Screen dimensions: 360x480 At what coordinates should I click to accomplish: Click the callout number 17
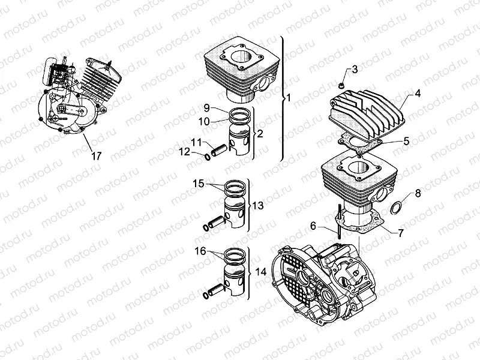pos(96,156)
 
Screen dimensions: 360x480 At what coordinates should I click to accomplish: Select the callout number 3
pos(355,70)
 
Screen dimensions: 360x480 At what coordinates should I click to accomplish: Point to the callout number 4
pos(418,94)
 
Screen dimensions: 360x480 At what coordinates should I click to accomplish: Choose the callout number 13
pos(257,206)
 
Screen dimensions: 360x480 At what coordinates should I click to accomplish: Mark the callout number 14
pos(260,272)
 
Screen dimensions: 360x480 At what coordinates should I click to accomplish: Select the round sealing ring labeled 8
pos(397,209)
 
